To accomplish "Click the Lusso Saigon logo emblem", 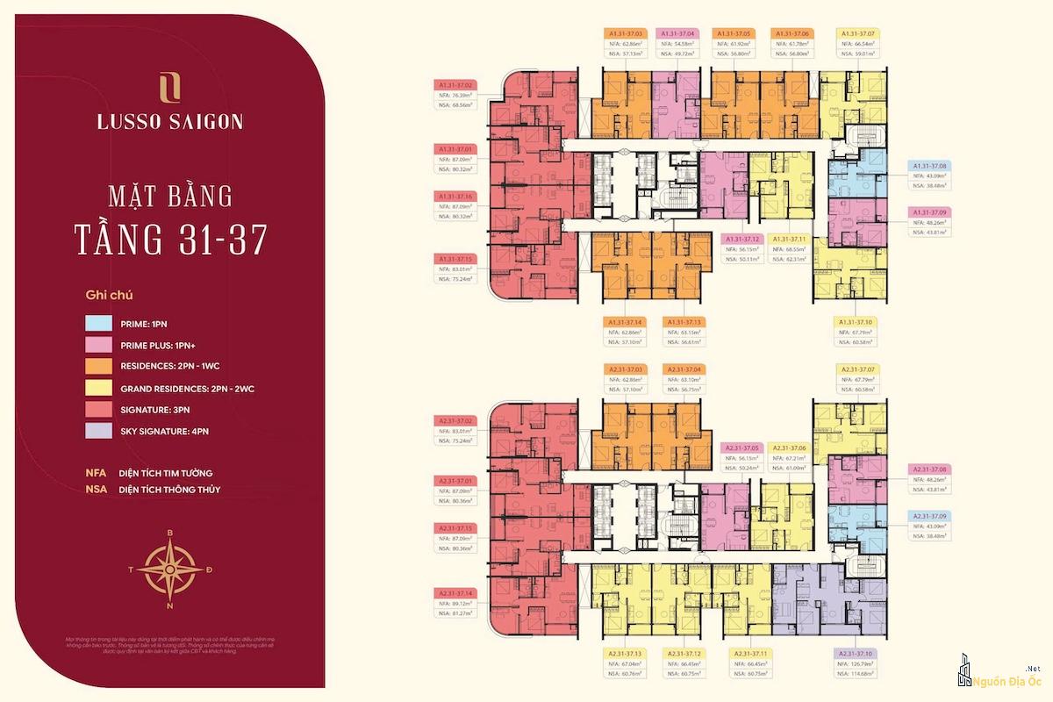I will [170, 90].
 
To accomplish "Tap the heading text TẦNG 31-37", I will [170, 238].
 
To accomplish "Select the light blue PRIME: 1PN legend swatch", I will [98, 322].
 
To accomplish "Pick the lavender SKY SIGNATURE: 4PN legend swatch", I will [98, 431].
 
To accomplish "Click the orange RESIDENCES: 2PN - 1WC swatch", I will [98, 366].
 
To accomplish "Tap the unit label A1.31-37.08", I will [930, 165].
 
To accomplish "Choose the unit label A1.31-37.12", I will [742, 239].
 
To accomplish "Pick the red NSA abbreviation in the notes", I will [96, 490].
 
